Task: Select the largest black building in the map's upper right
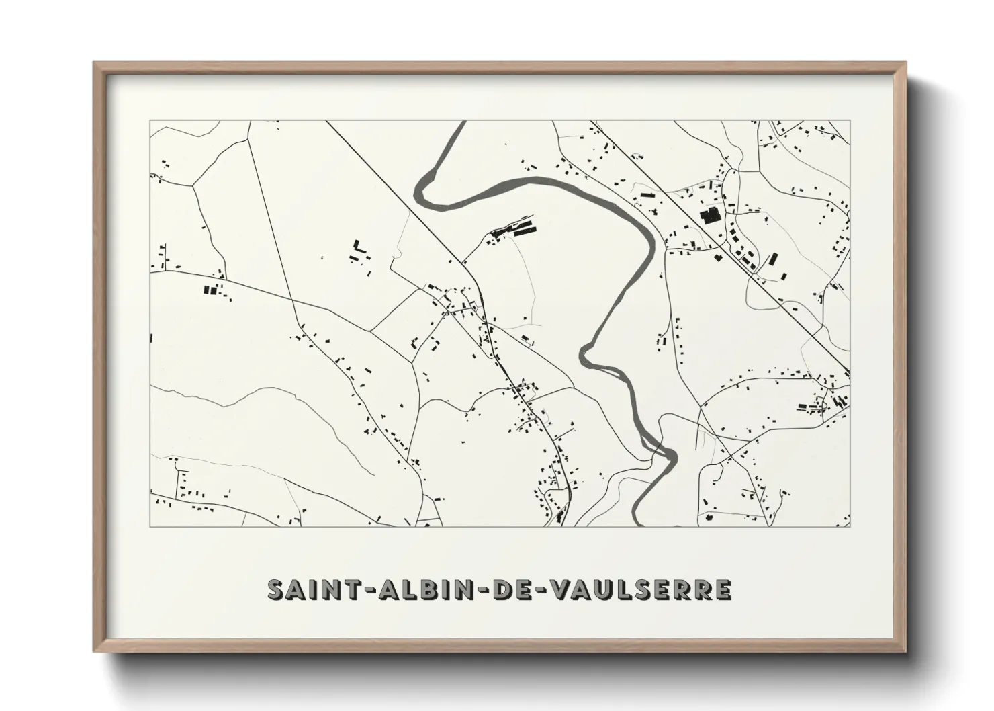click(x=709, y=216)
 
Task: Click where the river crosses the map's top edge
click(x=457, y=123)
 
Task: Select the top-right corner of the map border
click(x=850, y=121)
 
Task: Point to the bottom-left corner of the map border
click(x=150, y=526)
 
